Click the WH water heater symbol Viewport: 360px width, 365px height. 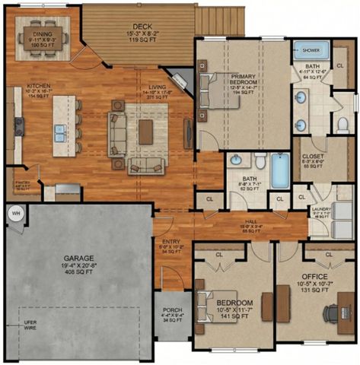pos(15,214)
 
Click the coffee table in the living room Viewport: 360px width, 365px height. pos(145,131)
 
